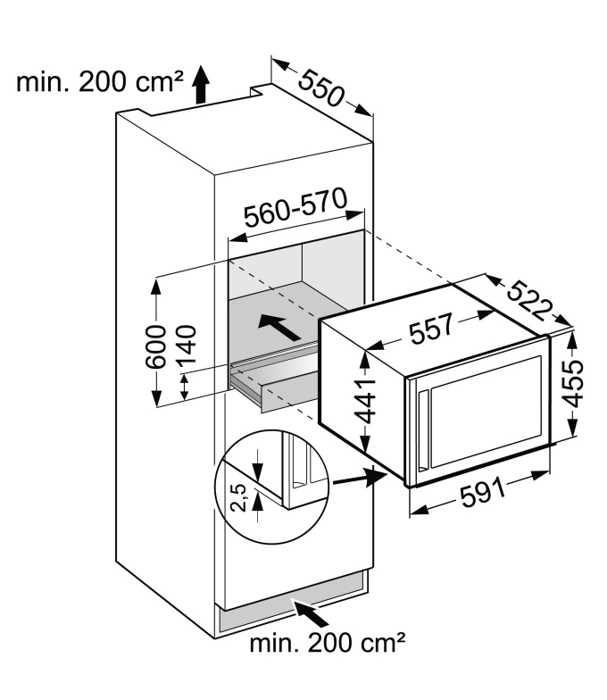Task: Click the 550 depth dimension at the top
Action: click(321, 87)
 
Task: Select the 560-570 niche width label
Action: click(295, 211)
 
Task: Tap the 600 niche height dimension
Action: click(157, 343)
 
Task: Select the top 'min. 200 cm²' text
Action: click(98, 85)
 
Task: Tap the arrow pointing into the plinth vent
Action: click(312, 613)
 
